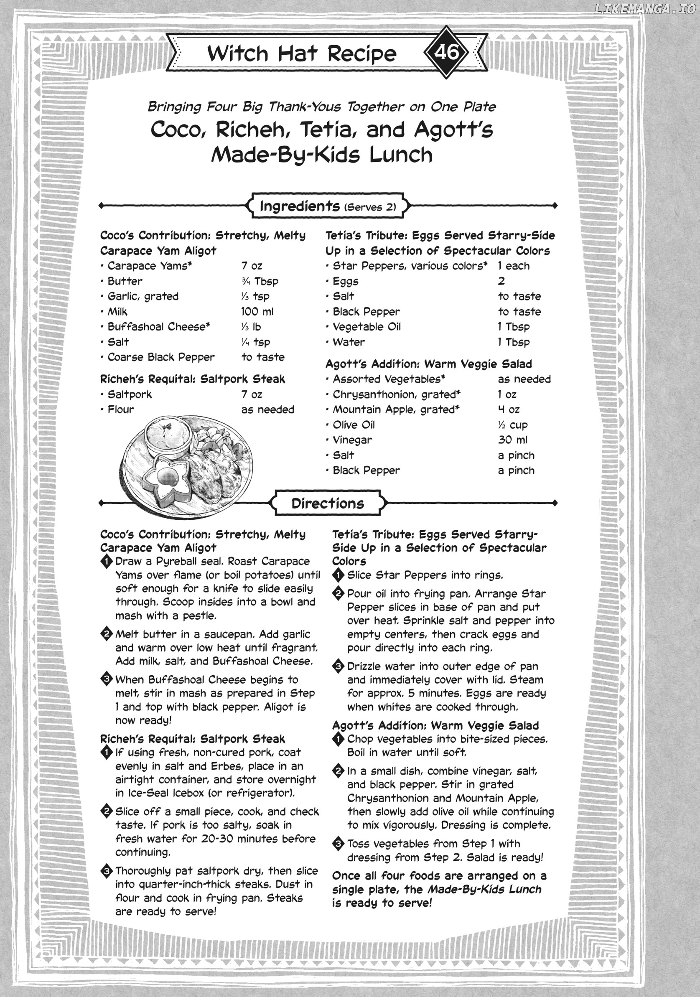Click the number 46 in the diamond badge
point(446,53)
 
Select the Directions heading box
point(327,503)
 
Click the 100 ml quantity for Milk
point(257,312)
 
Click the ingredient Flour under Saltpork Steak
point(121,409)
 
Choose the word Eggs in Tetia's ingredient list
point(345,281)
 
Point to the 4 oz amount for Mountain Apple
point(509,409)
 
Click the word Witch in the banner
point(237,53)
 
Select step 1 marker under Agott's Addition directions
point(338,739)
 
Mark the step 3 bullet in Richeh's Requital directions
point(106,871)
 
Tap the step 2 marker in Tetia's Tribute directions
point(338,593)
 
